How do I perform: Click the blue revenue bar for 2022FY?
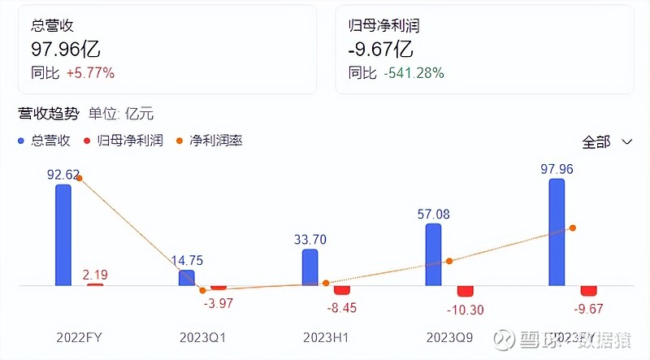click(x=63, y=235)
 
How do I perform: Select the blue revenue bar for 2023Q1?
click(x=186, y=278)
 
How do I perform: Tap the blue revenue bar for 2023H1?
click(x=310, y=267)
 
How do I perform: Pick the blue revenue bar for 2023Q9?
click(x=433, y=254)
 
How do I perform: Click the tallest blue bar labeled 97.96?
click(x=557, y=232)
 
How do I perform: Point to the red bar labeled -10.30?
click(x=465, y=291)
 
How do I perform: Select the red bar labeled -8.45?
click(x=341, y=290)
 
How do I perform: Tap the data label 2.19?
click(x=95, y=275)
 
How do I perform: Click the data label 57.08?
click(x=433, y=214)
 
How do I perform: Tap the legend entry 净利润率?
click(x=215, y=141)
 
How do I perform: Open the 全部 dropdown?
click(x=607, y=141)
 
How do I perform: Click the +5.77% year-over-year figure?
click(x=90, y=72)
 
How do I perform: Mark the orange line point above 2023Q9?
click(x=449, y=261)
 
